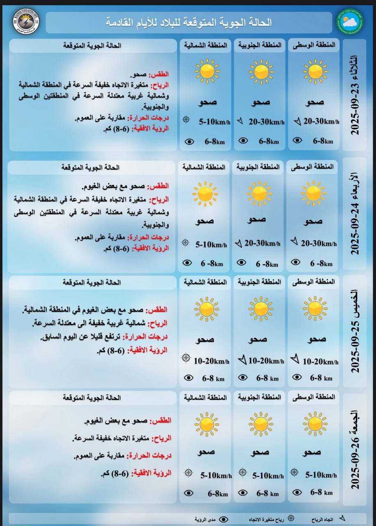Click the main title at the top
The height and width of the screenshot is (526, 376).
click(189, 22)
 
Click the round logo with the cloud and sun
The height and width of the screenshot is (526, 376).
click(350, 21)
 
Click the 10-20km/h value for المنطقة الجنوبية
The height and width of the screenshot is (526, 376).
click(266, 361)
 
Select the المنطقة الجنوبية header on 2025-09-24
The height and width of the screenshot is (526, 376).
click(258, 167)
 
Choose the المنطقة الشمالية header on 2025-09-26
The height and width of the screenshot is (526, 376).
click(205, 397)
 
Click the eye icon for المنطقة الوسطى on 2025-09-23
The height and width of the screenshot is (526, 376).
click(298, 141)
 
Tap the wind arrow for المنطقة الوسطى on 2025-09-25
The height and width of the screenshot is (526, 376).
click(295, 360)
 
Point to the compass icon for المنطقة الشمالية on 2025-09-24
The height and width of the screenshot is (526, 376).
click(185, 243)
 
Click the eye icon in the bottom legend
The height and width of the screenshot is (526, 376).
click(224, 519)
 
